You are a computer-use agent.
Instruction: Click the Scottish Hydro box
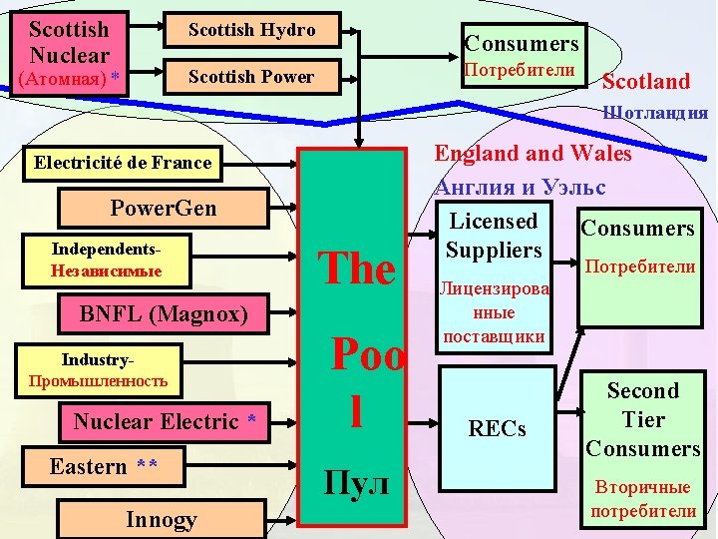252,31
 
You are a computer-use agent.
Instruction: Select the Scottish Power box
252,77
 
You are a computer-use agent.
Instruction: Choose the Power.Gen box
164,210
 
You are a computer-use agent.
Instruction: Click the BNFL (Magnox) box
165,314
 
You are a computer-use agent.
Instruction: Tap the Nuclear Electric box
165,422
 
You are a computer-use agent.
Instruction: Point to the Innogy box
161,519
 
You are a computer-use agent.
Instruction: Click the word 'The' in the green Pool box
356,268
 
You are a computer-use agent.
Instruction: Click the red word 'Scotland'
645,81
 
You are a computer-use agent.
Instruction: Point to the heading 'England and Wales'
533,153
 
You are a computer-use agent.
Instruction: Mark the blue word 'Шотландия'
655,113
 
